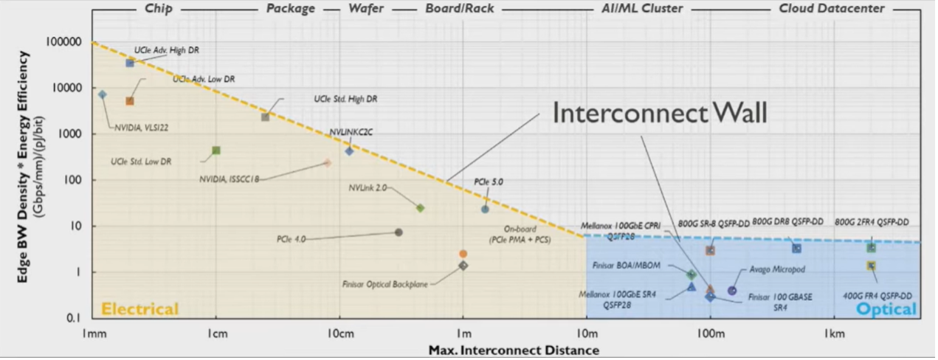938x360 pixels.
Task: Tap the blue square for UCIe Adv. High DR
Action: point(130,63)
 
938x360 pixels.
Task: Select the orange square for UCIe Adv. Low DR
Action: point(130,101)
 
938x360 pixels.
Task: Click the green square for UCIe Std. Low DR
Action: point(216,150)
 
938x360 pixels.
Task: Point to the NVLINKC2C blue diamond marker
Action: point(349,150)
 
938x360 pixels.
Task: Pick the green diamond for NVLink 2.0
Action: point(420,208)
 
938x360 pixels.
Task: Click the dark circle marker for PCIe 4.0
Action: point(399,232)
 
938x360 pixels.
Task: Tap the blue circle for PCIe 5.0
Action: point(485,210)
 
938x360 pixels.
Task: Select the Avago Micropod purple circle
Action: point(732,291)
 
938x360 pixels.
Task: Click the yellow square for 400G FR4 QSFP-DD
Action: point(871,266)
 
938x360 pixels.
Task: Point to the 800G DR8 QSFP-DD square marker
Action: point(796,248)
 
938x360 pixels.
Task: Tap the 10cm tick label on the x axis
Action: point(339,333)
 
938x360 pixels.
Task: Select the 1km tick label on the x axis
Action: point(835,333)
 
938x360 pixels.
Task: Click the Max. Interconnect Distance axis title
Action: point(514,350)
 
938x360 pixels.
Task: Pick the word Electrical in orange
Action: point(139,308)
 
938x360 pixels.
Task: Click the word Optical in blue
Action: point(886,308)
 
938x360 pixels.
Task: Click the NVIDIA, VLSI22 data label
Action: point(142,128)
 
